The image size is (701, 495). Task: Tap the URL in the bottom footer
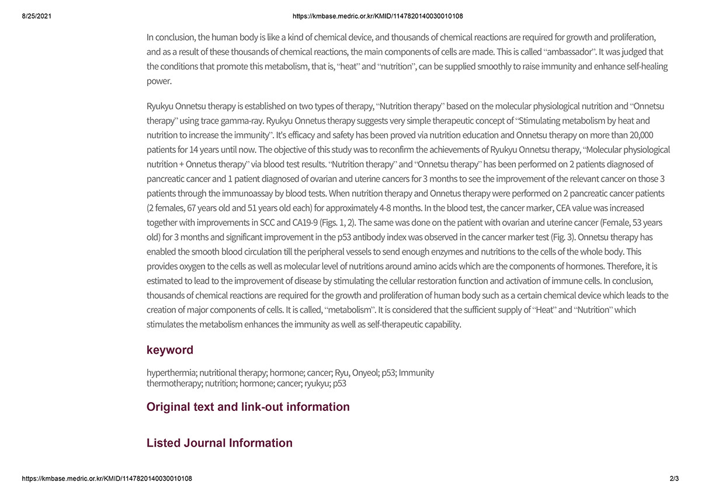coord(107,479)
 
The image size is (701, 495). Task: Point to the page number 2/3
coord(674,479)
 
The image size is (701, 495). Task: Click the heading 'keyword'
coord(169,350)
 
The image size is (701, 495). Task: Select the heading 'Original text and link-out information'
coord(248,407)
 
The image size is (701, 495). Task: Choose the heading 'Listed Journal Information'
coord(219,443)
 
